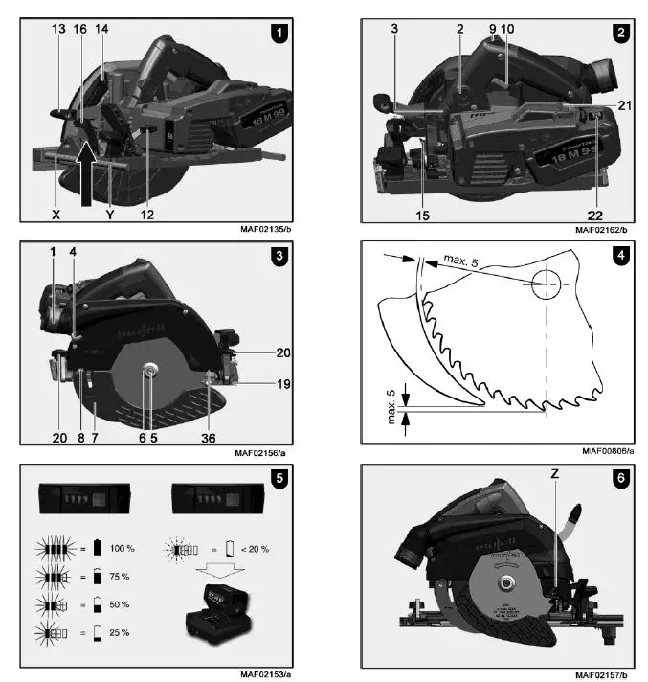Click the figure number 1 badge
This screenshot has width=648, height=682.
(x=279, y=33)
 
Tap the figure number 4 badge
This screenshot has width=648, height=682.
(x=622, y=256)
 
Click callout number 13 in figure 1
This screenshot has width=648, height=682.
(x=59, y=30)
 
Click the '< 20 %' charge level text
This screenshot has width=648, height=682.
(x=253, y=549)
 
